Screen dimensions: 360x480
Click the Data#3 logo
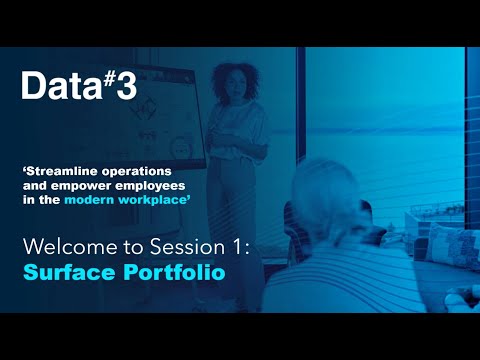78,87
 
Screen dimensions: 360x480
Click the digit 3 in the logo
124,87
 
